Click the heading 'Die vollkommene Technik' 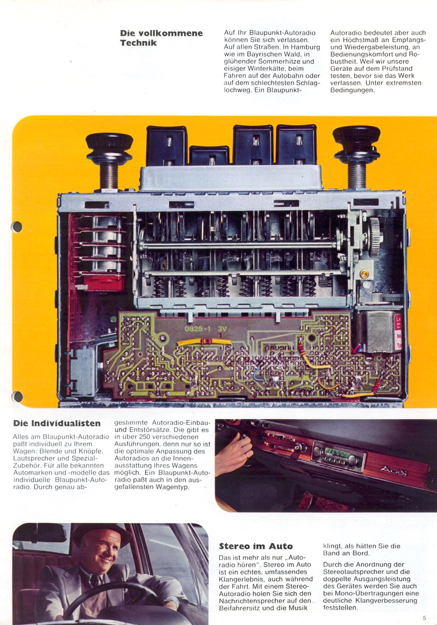click(161, 38)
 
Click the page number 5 click(424, 618)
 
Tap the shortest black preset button click(209, 156)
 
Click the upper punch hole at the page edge click(17, 226)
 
